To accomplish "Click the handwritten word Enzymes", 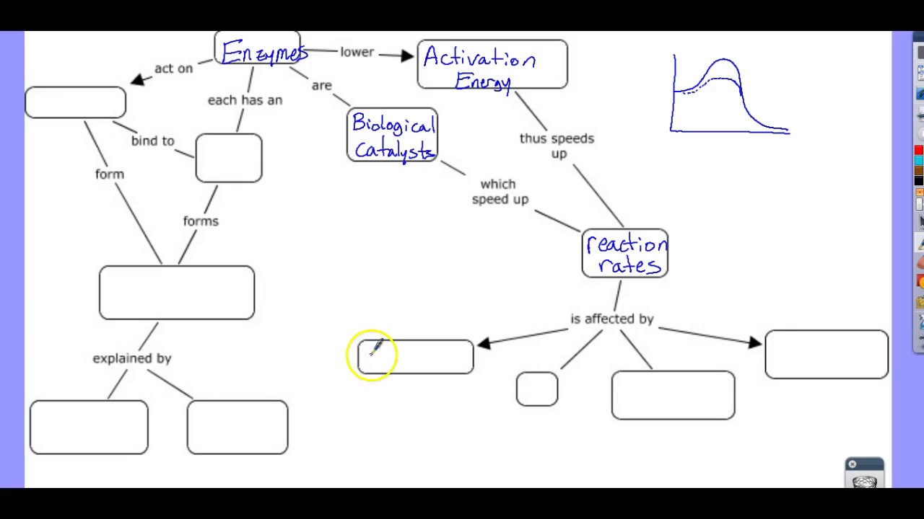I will [263, 53].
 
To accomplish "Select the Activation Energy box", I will [492, 65].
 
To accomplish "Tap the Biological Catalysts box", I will [392, 135].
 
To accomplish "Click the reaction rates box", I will [625, 254].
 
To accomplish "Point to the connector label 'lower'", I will [357, 52].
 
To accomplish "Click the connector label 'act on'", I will [173, 68].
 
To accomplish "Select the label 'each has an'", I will [245, 100].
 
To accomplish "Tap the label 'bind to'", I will [153, 141].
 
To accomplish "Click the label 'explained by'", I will [131, 358].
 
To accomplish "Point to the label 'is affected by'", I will [611, 319].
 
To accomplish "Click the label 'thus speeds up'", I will [557, 146].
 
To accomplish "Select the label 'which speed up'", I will [500, 192].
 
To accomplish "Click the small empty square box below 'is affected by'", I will [537, 389].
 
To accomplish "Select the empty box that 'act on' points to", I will [75, 102].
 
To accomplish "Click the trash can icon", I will [864, 480].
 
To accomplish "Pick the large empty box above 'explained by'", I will [177, 293].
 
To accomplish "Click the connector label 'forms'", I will [201, 221].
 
